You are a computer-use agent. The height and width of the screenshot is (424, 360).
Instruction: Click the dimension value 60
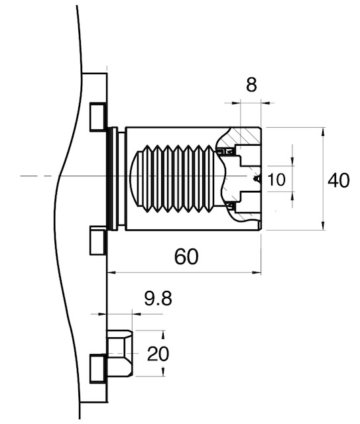click(x=186, y=256)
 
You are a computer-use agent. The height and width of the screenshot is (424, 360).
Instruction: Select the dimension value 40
click(x=338, y=180)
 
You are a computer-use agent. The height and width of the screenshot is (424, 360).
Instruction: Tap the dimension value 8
click(x=251, y=85)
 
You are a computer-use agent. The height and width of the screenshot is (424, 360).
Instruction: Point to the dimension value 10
click(x=276, y=180)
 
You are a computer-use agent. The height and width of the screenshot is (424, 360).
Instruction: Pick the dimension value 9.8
click(x=158, y=299)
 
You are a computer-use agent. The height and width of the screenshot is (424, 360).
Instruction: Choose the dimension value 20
click(x=158, y=354)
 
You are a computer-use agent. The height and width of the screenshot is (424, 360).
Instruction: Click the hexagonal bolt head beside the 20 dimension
click(x=119, y=353)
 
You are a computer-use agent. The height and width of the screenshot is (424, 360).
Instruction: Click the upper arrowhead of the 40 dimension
click(x=322, y=132)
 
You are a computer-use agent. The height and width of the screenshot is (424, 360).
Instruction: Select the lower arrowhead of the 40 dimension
click(x=322, y=225)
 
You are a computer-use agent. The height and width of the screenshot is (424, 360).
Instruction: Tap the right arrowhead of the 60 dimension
click(x=257, y=272)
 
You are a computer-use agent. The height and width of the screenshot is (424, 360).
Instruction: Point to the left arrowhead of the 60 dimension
click(x=111, y=272)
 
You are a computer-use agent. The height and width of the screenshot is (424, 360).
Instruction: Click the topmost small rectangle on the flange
click(x=97, y=117)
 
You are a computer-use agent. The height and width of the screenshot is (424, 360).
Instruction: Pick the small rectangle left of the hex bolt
click(x=97, y=369)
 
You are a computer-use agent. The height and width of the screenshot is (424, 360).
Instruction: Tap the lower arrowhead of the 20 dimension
click(x=162, y=371)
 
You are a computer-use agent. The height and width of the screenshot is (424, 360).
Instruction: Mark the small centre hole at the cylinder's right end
click(x=257, y=178)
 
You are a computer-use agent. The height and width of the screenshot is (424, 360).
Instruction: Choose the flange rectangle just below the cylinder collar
click(x=97, y=240)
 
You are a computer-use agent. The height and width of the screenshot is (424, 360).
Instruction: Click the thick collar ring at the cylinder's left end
click(x=112, y=178)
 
